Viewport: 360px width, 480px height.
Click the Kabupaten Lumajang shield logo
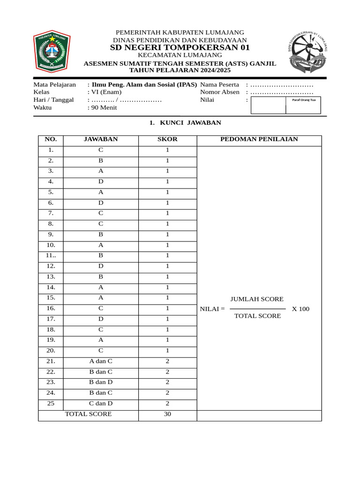(x=52, y=52)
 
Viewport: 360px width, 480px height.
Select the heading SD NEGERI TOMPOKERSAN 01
(x=180, y=48)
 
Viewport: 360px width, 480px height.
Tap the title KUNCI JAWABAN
(x=185, y=123)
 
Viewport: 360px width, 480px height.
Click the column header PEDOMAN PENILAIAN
(x=259, y=139)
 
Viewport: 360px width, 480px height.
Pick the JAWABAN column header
(x=101, y=139)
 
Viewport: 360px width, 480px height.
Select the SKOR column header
(x=167, y=139)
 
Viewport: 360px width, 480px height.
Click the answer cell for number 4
(x=101, y=181)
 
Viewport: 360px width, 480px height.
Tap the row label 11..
(x=51, y=255)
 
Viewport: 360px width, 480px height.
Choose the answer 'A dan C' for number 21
(x=101, y=361)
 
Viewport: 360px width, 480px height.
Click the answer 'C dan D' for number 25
(x=101, y=403)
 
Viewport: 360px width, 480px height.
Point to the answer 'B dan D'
(x=101, y=382)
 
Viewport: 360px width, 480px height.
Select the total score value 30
(x=167, y=414)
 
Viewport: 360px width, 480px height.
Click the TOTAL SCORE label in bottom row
(x=88, y=414)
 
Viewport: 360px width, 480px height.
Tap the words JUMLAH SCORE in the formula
(x=257, y=299)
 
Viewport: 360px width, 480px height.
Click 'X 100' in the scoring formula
(x=300, y=309)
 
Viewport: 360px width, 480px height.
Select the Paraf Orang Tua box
(x=303, y=105)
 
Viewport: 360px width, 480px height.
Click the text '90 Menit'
(x=104, y=107)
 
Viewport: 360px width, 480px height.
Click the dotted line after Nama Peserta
(x=282, y=85)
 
